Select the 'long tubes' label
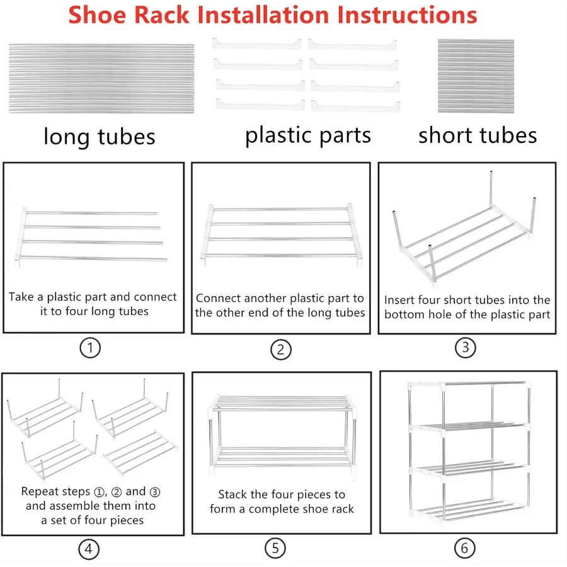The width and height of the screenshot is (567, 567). [99, 136]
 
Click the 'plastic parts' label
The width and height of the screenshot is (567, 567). [308, 135]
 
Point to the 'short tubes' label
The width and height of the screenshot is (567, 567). [478, 135]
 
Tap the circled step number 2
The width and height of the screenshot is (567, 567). [280, 349]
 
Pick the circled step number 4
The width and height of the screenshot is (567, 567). [88, 549]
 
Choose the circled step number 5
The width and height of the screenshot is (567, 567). [275, 548]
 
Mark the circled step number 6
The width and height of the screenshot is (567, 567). [464, 548]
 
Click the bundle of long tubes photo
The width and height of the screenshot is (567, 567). [101, 78]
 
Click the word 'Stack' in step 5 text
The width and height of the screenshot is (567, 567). [233, 495]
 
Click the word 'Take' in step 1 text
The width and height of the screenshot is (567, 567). [21, 297]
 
